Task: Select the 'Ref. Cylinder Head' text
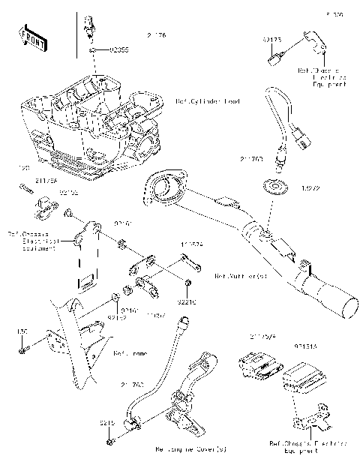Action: pyautogui.click(x=208, y=100)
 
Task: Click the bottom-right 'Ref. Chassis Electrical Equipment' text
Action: pyautogui.click(x=307, y=448)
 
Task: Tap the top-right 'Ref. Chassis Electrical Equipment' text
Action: pyautogui.click(x=322, y=78)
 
